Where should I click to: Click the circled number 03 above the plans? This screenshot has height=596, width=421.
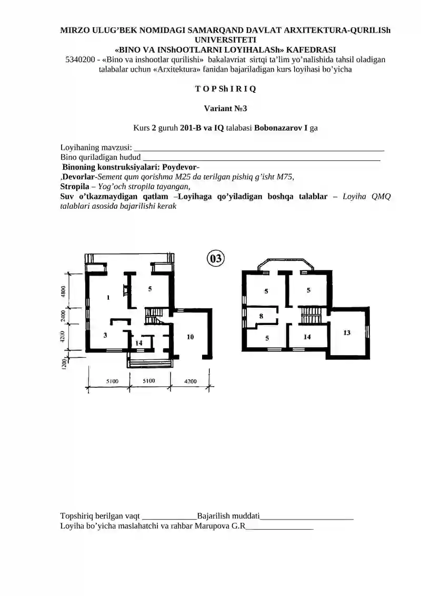click(216, 258)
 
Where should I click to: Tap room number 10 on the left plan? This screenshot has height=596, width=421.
click(190, 337)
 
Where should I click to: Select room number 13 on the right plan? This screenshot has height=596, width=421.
click(347, 333)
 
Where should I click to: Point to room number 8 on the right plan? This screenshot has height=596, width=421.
click(261, 316)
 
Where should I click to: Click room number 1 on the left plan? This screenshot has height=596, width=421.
click(108, 297)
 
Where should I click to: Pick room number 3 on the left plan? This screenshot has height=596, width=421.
click(105, 335)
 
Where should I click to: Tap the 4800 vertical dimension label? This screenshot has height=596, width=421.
click(63, 291)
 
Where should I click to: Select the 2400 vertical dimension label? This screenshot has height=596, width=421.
click(63, 316)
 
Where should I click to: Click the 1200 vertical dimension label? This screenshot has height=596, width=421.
click(64, 364)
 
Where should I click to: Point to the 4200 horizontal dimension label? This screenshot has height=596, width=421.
click(190, 381)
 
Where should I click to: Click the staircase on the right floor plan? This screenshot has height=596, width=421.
click(312, 316)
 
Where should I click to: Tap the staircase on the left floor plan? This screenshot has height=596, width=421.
click(153, 316)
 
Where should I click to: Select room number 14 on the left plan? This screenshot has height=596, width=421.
click(139, 343)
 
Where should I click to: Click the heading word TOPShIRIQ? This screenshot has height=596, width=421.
click(225, 89)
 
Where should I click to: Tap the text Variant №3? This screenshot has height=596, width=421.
click(225, 109)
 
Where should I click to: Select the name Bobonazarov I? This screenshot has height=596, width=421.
click(280, 128)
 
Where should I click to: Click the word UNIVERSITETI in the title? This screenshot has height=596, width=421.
click(225, 40)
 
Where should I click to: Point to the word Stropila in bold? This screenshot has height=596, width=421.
click(75, 187)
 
